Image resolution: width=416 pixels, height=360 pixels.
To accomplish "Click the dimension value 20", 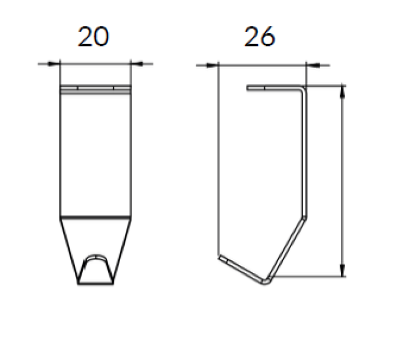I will pyautogui.click(x=94, y=37).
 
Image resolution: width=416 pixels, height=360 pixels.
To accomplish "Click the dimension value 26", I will pyautogui.click(x=259, y=37).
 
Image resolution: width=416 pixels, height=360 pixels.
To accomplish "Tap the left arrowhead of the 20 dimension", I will pyautogui.click(x=55, y=64).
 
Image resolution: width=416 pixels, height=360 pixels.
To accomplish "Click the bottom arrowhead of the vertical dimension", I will pyautogui.click(x=342, y=270).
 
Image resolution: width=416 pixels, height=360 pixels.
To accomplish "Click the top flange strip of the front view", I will pyautogui.click(x=95, y=89).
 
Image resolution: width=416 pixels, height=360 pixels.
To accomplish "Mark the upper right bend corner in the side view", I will pyautogui.click(x=304, y=89).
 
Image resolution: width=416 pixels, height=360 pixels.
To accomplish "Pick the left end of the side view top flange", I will pyautogui.click(x=249, y=88).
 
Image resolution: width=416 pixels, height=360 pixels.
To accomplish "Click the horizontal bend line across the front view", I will pyautogui.click(x=95, y=216).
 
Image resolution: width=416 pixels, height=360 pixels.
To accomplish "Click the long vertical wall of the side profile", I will pyautogui.click(x=305, y=156).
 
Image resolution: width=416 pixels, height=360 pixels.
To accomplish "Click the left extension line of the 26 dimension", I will pyautogui.click(x=218, y=156).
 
